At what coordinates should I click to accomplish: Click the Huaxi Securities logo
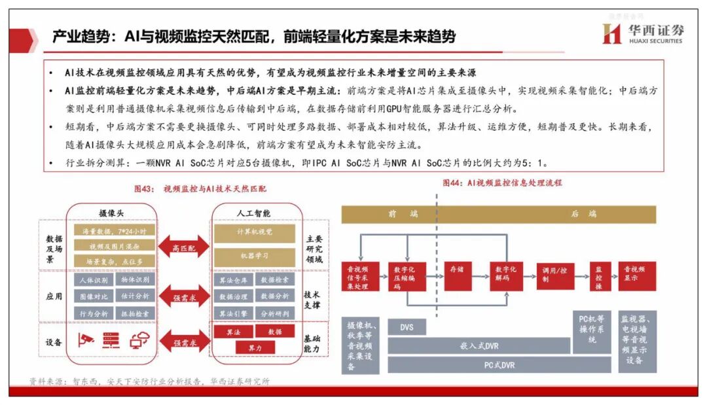click(x=642, y=34)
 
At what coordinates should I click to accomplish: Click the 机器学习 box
click(x=255, y=256)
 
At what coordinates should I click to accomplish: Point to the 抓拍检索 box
click(x=135, y=313)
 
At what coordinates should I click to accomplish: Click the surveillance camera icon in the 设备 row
click(x=85, y=340)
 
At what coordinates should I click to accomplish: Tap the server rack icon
click(x=110, y=340)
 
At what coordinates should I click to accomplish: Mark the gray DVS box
click(x=406, y=327)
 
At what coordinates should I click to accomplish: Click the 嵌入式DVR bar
click(x=479, y=345)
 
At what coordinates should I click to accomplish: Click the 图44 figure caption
click(x=502, y=183)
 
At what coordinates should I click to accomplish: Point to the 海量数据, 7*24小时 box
click(x=114, y=231)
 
